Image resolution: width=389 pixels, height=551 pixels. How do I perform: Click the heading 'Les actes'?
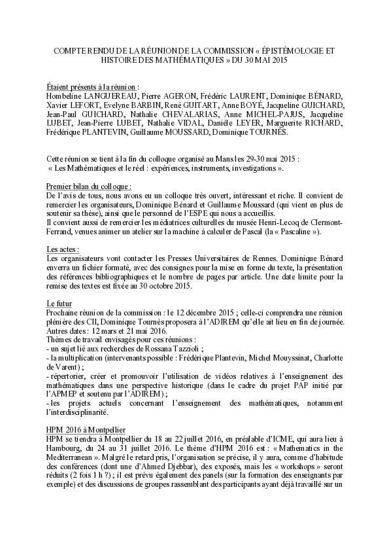(63, 249)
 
